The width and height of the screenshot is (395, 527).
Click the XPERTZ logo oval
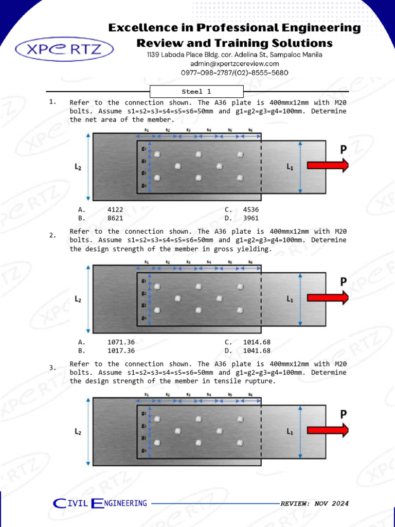point(65,49)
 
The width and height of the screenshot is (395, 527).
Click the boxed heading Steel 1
point(196,92)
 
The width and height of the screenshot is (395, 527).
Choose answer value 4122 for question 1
point(115,209)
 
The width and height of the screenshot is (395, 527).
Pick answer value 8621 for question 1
point(115,218)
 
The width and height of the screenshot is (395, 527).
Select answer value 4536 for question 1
point(250,209)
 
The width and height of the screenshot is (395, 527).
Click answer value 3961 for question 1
point(250,218)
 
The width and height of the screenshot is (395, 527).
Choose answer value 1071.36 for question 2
point(121,342)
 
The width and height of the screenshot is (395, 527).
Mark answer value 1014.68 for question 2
point(257,342)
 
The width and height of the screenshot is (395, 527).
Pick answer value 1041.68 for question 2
point(257,350)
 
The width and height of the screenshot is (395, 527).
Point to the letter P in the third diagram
point(343,414)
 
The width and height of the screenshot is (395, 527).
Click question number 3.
point(52,367)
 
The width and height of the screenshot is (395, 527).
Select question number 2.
point(52,235)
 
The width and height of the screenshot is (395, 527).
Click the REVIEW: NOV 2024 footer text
point(314,503)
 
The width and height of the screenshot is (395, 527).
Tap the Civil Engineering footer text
point(100,503)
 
